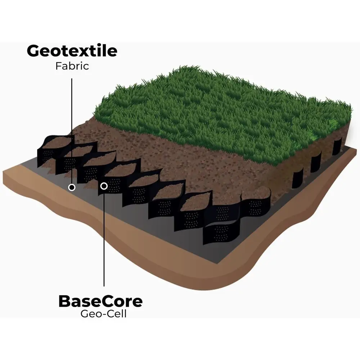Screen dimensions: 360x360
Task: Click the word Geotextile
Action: (x=72, y=51)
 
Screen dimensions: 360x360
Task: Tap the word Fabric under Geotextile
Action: (x=72, y=66)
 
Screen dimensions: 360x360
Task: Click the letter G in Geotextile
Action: (x=33, y=51)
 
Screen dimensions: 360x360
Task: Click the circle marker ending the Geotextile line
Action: (x=72, y=187)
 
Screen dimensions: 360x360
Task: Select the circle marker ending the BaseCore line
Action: (x=104, y=186)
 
